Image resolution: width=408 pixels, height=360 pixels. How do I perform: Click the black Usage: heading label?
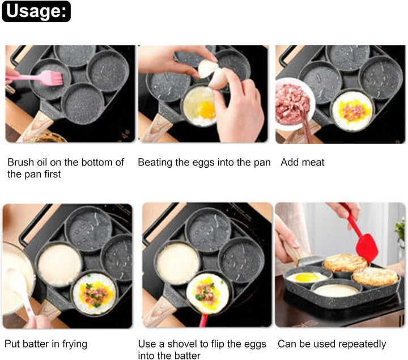pyautogui.click(x=36, y=11)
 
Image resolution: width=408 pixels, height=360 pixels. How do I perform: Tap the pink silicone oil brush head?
pyautogui.click(x=53, y=78)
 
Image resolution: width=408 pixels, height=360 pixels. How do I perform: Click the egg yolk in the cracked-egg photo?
pyautogui.click(x=206, y=109)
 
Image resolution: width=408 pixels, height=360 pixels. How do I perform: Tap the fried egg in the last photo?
pyautogui.click(x=306, y=277)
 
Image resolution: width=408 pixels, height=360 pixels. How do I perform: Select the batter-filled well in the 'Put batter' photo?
pyautogui.click(x=59, y=265)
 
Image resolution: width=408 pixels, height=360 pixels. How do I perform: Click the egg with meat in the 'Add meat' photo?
pyautogui.click(x=352, y=111)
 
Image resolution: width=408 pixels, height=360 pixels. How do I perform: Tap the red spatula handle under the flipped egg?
pyautogui.click(x=203, y=320)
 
